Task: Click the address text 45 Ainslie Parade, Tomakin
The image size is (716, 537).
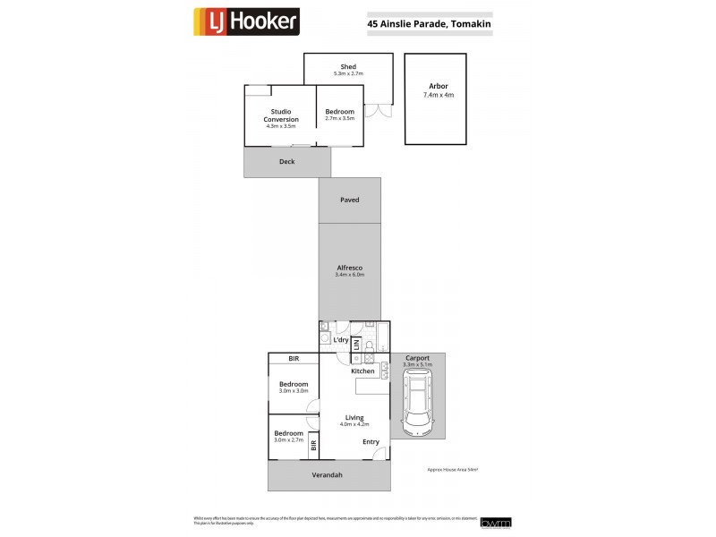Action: click(x=428, y=25)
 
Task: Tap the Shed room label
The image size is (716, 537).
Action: click(x=348, y=66)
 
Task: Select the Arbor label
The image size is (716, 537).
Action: click(x=438, y=87)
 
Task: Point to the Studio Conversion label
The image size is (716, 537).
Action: click(x=280, y=115)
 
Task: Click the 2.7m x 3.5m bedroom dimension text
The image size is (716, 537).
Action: click(x=340, y=118)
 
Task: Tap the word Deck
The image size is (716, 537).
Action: click(x=286, y=162)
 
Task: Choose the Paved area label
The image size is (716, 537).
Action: click(x=349, y=200)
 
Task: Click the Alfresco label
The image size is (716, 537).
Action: click(x=349, y=268)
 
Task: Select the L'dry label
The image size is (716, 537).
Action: click(x=340, y=340)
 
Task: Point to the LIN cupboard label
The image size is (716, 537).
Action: click(x=355, y=344)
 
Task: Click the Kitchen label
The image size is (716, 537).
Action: click(x=362, y=371)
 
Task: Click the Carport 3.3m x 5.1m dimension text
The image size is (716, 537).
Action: click(x=418, y=365)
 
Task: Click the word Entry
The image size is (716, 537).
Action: click(x=371, y=441)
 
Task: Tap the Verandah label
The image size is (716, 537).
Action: click(x=327, y=475)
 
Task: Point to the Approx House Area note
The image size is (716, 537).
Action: click(x=455, y=469)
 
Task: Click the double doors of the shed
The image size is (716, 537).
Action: click(x=383, y=112)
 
